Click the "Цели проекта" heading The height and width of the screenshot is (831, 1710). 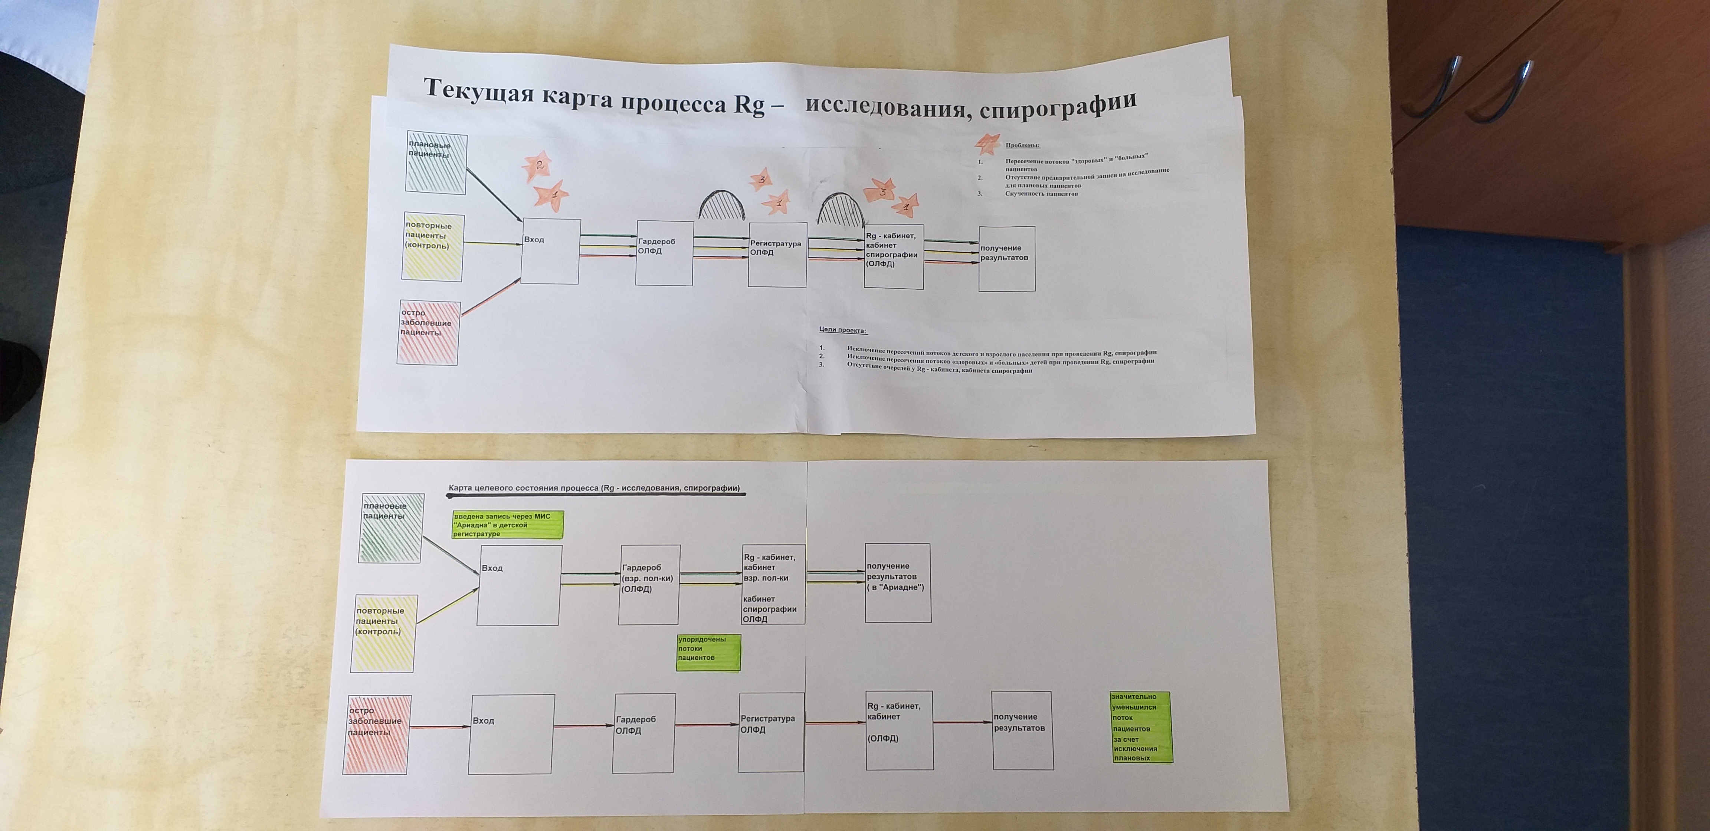point(843,330)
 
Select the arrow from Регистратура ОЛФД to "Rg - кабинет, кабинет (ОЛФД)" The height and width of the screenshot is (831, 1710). point(835,722)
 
